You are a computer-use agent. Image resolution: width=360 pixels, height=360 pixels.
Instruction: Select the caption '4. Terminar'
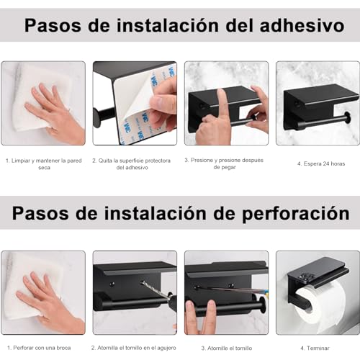[x=317, y=347]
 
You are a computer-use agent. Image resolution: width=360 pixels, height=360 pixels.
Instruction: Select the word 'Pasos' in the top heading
[x=53, y=26]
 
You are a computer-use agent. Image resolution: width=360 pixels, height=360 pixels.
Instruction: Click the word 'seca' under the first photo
[x=44, y=168]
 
